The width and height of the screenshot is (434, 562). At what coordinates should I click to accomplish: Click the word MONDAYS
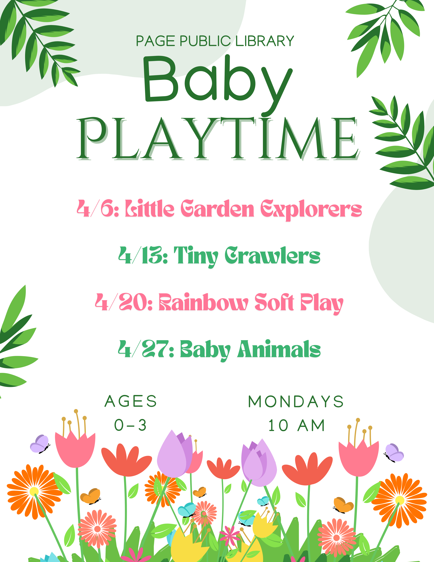pyautogui.click(x=296, y=401)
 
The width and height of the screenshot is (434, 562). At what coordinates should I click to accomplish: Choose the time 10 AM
pyautogui.click(x=296, y=425)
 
